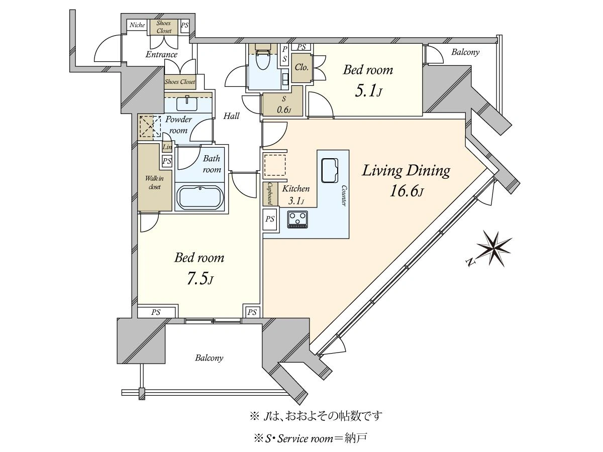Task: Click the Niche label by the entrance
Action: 137,25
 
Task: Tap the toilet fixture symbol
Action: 263,60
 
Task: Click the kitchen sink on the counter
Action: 330,170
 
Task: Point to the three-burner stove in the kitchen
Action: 297,219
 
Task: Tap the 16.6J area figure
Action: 406,191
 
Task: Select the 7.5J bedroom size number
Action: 199,279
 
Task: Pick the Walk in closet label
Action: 154,183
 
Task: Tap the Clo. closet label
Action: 301,67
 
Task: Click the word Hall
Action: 231,116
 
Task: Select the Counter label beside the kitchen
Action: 344,196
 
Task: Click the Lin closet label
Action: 167,147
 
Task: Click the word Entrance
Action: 161,55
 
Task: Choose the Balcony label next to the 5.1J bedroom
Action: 465,52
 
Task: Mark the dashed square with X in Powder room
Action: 150,126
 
